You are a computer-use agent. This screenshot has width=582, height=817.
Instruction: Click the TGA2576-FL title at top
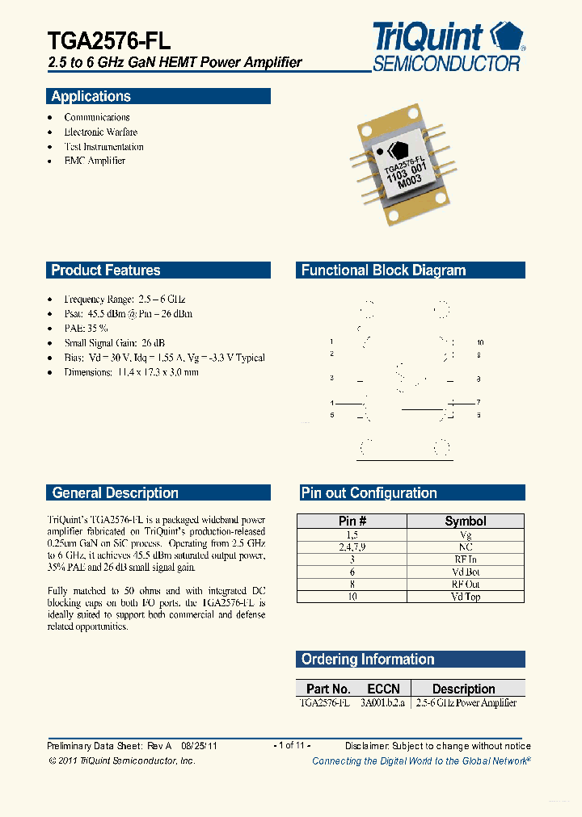pyautogui.click(x=109, y=40)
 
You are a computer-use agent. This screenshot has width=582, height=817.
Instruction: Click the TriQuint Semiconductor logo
pyautogui.click(x=448, y=47)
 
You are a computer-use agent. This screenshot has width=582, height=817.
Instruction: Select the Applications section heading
pyautogui.click(x=91, y=96)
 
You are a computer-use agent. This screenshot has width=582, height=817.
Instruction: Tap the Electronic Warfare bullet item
pyautogui.click(x=101, y=132)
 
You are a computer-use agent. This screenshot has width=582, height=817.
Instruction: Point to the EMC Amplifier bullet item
pyautogui.click(x=95, y=161)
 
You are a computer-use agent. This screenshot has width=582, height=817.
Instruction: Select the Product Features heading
pyautogui.click(x=106, y=270)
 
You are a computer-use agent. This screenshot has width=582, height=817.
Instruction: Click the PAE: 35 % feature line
pyautogui.click(x=86, y=329)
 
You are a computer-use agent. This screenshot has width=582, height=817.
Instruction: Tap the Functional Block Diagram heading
pyautogui.click(x=383, y=270)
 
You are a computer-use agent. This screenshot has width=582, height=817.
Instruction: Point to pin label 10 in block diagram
pyautogui.click(x=479, y=343)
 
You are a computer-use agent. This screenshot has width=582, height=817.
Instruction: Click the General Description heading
pyautogui.click(x=115, y=492)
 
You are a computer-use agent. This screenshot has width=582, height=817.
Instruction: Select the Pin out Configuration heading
pyautogui.click(x=369, y=492)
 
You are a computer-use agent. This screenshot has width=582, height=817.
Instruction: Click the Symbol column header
pyautogui.click(x=466, y=522)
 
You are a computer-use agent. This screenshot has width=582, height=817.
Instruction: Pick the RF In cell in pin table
pyautogui.click(x=466, y=559)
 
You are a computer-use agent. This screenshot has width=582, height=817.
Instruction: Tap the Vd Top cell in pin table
pyautogui.click(x=466, y=597)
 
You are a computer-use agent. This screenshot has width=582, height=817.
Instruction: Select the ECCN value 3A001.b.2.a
pyautogui.click(x=383, y=703)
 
